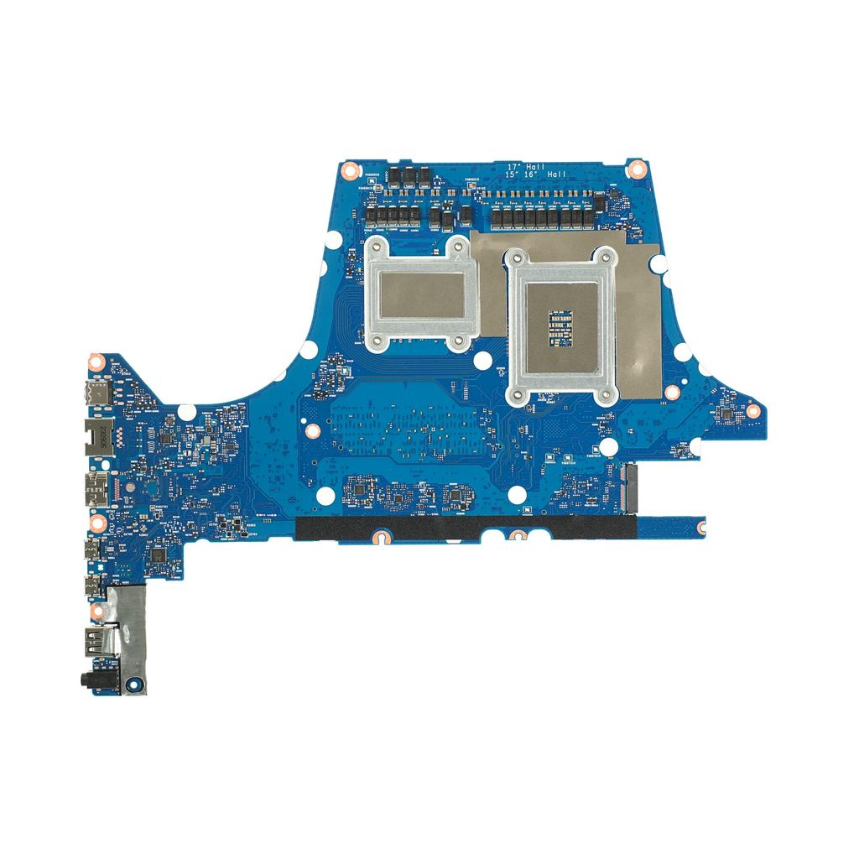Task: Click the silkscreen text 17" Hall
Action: pos(526,167)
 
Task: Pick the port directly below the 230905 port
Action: pos(96,487)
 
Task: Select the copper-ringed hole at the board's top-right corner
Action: pos(636,167)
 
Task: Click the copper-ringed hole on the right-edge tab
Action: pos(752,410)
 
